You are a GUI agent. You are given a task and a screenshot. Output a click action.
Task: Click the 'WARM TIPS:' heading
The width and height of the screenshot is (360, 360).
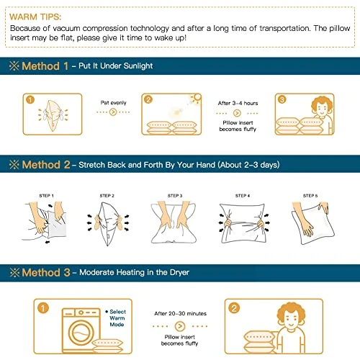click(x=35, y=17)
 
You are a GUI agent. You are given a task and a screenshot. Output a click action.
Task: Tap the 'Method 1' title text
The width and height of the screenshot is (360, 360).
click(x=45, y=66)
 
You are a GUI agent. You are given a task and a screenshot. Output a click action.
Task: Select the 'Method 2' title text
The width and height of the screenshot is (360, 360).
click(x=46, y=165)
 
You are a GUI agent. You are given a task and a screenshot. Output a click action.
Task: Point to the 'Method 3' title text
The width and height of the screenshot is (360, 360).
click(x=46, y=273)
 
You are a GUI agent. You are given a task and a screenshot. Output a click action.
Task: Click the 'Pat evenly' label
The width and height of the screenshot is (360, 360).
click(x=113, y=103)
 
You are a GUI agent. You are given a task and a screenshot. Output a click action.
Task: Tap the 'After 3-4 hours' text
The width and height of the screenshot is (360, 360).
click(x=238, y=103)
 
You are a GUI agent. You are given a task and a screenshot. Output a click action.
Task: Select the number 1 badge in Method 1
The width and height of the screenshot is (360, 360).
click(x=30, y=99)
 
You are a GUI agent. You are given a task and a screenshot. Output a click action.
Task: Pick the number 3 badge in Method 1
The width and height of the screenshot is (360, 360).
click(x=282, y=99)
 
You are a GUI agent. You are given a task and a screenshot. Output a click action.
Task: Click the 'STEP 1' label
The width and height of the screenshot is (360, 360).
click(x=46, y=196)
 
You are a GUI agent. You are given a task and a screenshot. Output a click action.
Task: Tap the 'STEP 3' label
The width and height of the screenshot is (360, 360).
click(x=175, y=196)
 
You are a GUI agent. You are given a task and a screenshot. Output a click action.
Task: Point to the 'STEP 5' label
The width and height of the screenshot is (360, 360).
click(x=310, y=196)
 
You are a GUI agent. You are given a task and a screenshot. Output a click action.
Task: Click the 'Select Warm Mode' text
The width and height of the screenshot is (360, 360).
click(x=117, y=318)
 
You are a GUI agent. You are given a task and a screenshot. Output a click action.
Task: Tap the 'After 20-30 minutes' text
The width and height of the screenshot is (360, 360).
click(x=180, y=313)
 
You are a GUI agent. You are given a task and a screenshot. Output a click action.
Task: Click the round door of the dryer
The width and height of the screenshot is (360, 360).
click(x=81, y=333)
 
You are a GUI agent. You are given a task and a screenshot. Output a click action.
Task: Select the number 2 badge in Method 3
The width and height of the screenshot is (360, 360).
click(x=234, y=308)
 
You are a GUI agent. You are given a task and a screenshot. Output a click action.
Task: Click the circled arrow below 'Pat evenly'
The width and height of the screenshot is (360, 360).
click(x=113, y=112)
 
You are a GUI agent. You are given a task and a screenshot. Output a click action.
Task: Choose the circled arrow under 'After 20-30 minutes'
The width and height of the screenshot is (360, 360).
click(x=180, y=326)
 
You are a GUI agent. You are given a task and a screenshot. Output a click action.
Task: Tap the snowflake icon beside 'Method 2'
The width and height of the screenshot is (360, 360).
click(x=14, y=165)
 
